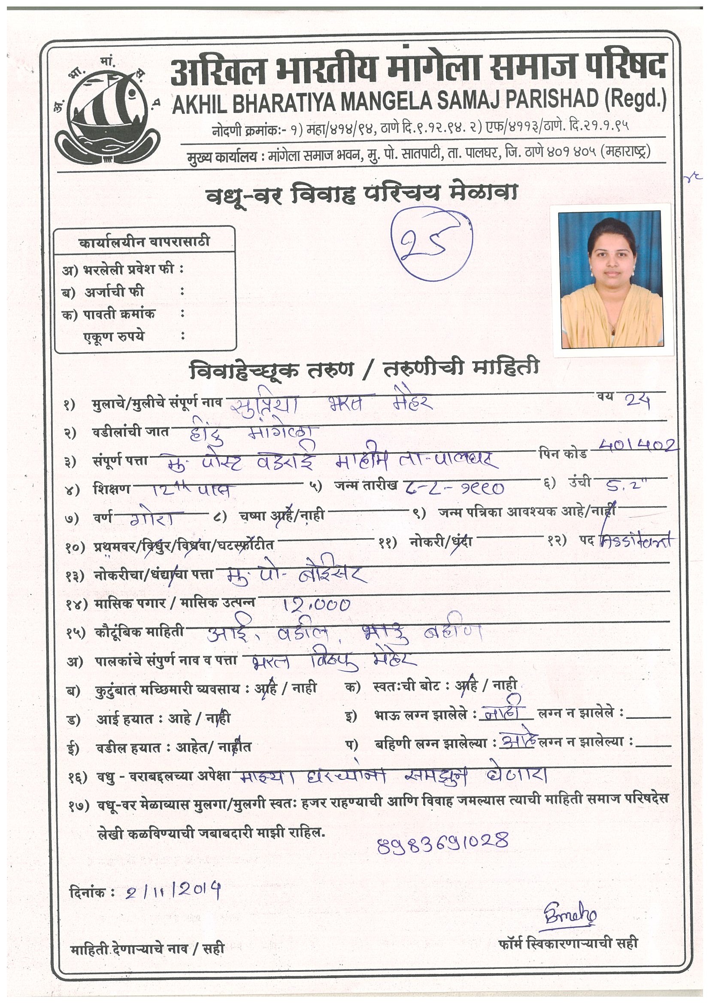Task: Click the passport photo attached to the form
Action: click(612, 280)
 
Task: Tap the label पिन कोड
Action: click(563, 453)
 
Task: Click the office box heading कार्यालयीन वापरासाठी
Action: click(144, 242)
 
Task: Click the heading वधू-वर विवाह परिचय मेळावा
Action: click(362, 194)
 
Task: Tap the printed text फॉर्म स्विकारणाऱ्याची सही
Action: click(568, 943)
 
